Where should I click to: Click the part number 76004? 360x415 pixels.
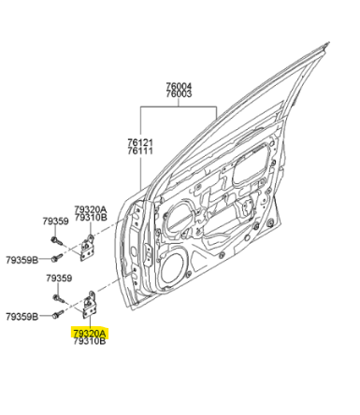(179, 86)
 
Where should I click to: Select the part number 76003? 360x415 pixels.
(179, 93)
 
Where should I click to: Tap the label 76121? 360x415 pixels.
(140, 143)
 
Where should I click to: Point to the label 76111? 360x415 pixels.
(140, 150)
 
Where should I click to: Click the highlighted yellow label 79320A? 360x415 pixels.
(90, 334)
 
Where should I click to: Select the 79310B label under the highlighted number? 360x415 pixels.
(90, 341)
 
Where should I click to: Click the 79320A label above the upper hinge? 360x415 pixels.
(91, 209)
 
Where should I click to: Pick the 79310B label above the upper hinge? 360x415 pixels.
(91, 217)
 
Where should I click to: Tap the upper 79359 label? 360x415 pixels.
(55, 222)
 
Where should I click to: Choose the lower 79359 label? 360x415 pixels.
(59, 278)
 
